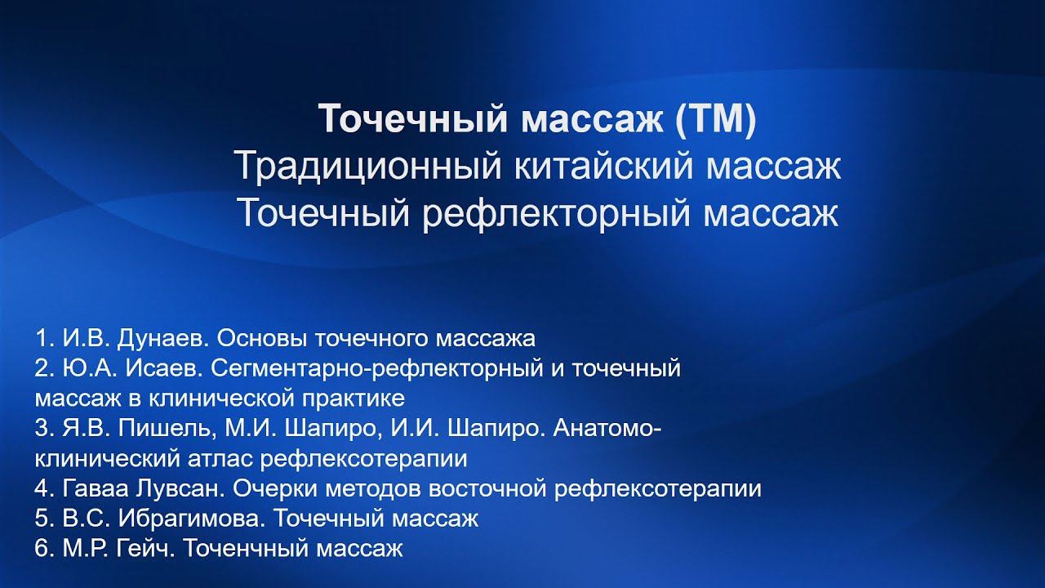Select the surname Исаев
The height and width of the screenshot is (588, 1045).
click(168, 368)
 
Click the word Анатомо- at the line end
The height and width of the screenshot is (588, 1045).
click(607, 429)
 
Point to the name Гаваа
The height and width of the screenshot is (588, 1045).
click(90, 489)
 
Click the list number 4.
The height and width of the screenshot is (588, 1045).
click(42, 489)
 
